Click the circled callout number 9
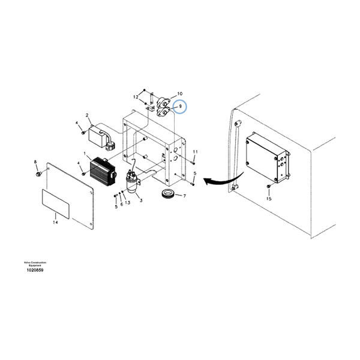click(x=179, y=107)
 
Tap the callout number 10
click(x=179, y=94)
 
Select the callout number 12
click(x=136, y=97)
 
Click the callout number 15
click(x=269, y=199)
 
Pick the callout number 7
click(x=184, y=196)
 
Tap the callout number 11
click(x=195, y=151)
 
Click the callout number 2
click(x=87, y=115)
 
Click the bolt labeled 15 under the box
click(x=268, y=189)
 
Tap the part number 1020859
click(x=35, y=270)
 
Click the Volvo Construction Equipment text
click(x=35, y=264)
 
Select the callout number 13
click(x=128, y=203)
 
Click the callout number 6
click(x=121, y=204)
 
